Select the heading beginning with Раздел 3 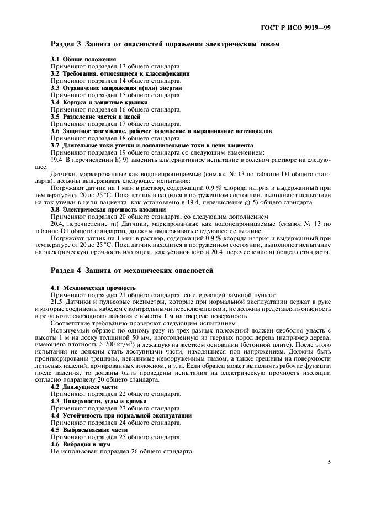(x=165, y=44)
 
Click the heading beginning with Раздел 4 (x=131, y=271)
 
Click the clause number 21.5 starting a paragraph (x=56, y=303)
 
